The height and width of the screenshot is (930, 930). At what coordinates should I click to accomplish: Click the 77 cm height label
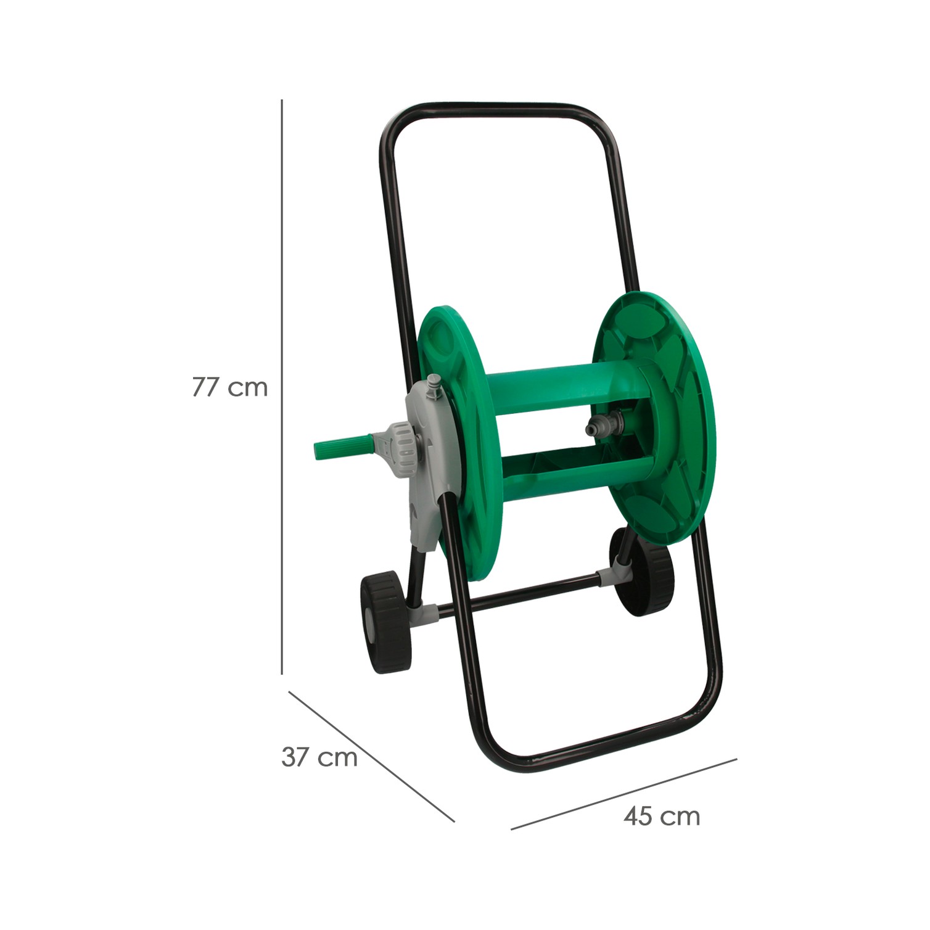[x=230, y=387]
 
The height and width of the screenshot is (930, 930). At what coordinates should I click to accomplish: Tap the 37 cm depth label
[x=319, y=757]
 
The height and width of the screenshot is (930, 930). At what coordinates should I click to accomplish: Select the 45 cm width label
[x=662, y=817]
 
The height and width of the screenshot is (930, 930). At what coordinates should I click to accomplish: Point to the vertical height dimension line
[x=282, y=387]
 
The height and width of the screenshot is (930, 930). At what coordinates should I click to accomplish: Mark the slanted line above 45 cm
[x=624, y=794]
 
